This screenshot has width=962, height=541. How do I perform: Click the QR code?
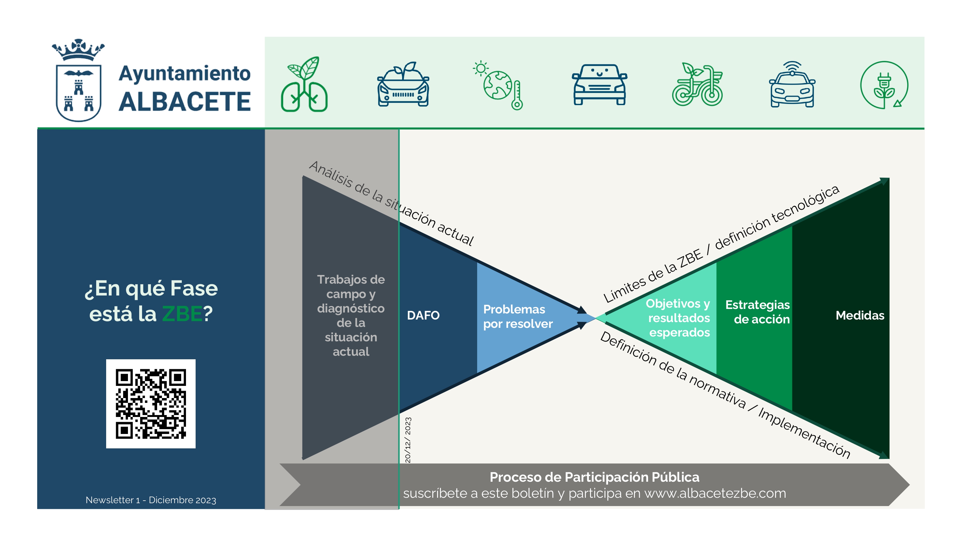(x=150, y=404)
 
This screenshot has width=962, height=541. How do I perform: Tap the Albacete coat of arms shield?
(x=79, y=93)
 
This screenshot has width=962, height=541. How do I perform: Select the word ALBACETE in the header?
(x=184, y=102)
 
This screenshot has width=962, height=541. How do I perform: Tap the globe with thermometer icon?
(x=499, y=85)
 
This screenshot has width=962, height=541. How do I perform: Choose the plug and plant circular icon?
(x=884, y=85)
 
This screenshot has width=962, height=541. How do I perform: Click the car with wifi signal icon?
(x=792, y=85)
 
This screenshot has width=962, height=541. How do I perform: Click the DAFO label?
(x=423, y=315)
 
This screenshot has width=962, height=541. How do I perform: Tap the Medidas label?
(x=860, y=315)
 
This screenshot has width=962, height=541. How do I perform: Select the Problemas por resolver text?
(x=518, y=317)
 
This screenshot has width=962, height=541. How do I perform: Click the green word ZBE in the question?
(x=182, y=314)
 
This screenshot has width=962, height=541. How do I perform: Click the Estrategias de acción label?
(x=758, y=312)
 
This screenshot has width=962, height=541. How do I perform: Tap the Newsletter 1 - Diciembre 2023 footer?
(x=151, y=500)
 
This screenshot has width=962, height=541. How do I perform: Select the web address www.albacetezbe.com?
(x=715, y=494)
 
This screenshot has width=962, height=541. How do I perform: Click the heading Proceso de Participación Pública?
(x=594, y=477)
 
